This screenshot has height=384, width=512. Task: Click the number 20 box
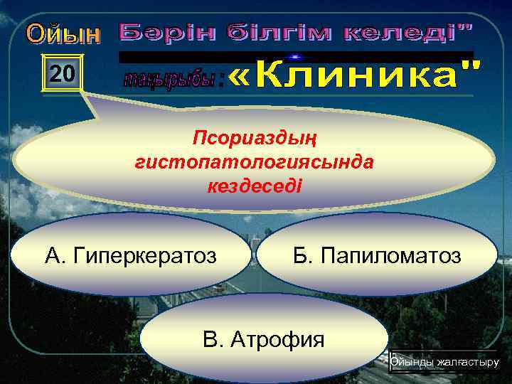coord(63,73)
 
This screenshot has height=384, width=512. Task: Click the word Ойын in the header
coord(64,33)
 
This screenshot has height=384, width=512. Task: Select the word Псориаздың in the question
coord(254,137)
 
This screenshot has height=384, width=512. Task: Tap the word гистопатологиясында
coord(254,161)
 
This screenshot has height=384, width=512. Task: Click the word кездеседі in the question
coord(254,186)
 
